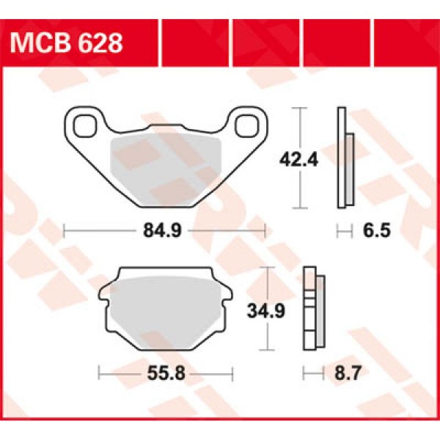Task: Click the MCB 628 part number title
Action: (x=65, y=43)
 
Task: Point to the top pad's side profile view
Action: (x=344, y=158)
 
